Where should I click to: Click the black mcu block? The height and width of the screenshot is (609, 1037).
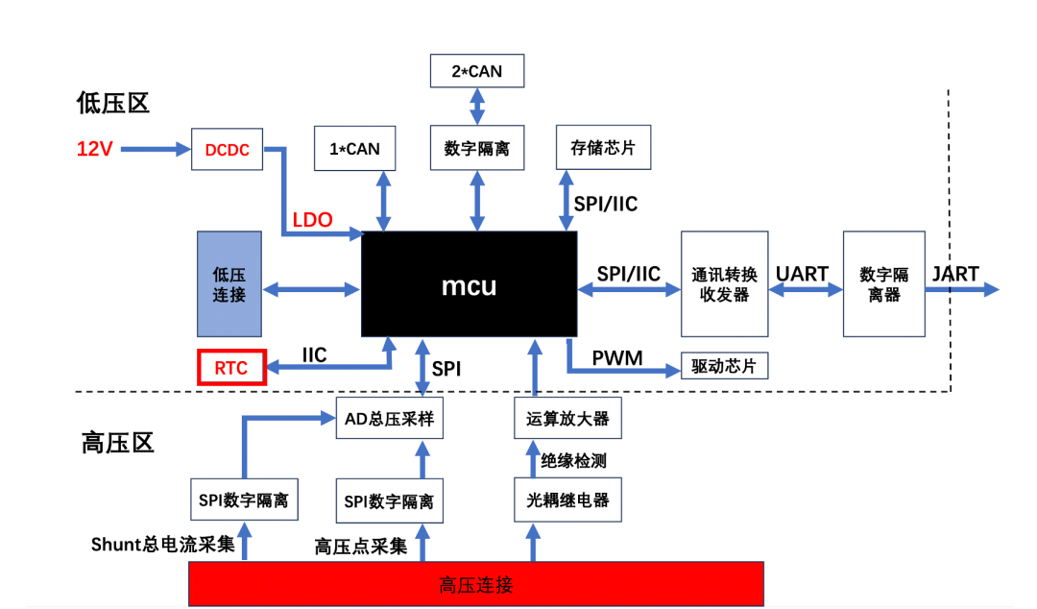(x=469, y=284)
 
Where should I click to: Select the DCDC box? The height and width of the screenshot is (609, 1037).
(x=227, y=149)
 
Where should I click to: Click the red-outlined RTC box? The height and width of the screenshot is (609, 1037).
(x=231, y=368)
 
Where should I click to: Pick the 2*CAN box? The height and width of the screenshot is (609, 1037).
(x=476, y=71)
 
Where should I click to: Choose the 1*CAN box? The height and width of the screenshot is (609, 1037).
(x=355, y=149)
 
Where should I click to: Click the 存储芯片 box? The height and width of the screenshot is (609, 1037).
(x=603, y=148)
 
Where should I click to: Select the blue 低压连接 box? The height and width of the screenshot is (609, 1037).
(x=229, y=283)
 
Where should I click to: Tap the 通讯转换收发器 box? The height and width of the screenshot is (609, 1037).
(x=724, y=283)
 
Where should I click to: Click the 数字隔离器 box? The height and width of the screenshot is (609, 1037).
(x=883, y=283)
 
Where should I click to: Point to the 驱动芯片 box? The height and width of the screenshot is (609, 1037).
(x=724, y=366)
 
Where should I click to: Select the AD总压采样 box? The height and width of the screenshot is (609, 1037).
(x=389, y=418)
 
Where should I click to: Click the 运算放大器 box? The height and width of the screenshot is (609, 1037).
(x=567, y=418)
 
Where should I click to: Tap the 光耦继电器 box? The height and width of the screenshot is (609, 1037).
(x=567, y=500)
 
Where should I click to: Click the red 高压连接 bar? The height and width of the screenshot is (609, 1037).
(x=475, y=584)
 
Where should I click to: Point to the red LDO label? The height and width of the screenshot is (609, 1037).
(x=312, y=220)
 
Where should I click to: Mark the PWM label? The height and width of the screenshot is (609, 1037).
(x=617, y=359)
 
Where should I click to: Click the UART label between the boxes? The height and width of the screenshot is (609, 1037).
(x=802, y=274)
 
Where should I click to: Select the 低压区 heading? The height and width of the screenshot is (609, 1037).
(x=113, y=103)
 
